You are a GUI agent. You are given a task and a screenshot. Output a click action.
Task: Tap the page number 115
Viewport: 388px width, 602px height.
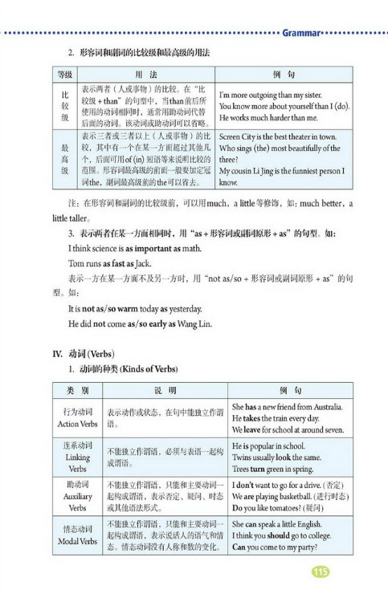[321, 571]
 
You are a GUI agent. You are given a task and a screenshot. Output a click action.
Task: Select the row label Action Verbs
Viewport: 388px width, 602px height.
[77, 417]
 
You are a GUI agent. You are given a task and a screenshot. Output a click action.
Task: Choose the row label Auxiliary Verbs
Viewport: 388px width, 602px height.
[77, 496]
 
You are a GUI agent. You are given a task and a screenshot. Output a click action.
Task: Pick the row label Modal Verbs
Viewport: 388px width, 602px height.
[77, 535]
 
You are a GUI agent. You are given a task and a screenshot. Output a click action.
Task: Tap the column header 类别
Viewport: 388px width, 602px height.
[77, 388]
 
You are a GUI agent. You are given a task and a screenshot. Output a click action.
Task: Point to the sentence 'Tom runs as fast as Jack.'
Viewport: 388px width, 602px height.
[109, 263]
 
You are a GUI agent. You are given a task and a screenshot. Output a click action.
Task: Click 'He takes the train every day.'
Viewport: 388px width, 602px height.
[275, 418]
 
